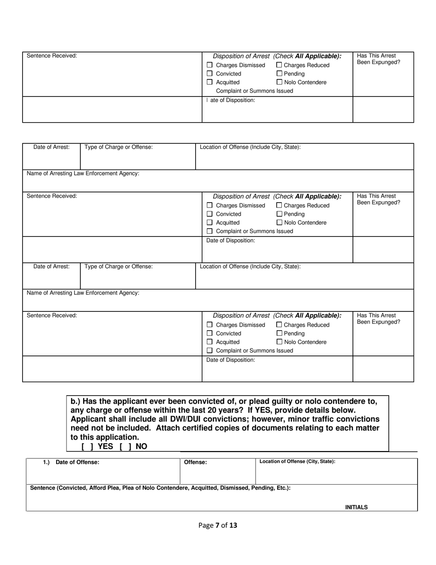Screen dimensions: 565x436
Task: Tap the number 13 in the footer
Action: (233, 525)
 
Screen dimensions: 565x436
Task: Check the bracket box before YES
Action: (88, 446)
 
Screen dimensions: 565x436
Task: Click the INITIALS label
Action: (356, 508)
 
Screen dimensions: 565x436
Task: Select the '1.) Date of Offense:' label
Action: (71, 462)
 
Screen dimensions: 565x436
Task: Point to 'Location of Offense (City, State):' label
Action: (297, 462)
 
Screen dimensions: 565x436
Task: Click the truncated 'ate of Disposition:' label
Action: (232, 100)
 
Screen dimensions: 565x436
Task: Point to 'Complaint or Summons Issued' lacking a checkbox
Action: (254, 91)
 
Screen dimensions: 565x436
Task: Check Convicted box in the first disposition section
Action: (210, 73)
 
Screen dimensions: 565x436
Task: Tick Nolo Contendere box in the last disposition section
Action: (279, 342)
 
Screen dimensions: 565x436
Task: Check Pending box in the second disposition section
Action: (279, 214)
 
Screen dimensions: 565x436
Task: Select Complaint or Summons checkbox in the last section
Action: (210, 350)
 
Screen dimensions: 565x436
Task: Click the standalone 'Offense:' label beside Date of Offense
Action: (196, 463)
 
